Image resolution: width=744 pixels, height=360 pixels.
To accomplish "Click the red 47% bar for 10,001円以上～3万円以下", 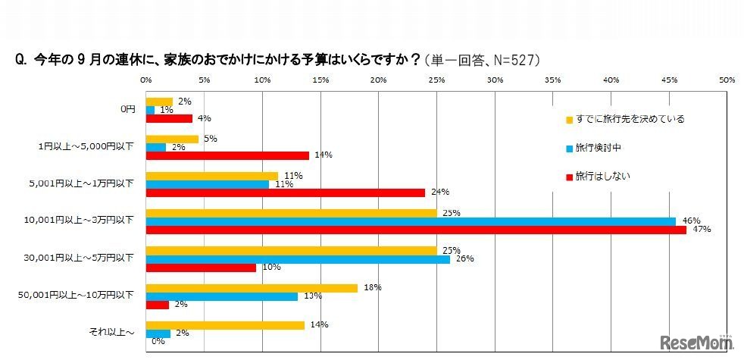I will [x=416, y=230].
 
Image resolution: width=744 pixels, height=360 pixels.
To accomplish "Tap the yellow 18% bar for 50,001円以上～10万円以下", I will [x=251, y=288].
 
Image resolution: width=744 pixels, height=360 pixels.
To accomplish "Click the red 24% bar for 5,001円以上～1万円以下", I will [x=285, y=193].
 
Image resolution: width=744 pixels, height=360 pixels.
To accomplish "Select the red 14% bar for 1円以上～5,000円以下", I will [x=227, y=155].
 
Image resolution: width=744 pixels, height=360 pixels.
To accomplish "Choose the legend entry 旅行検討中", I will [x=603, y=148].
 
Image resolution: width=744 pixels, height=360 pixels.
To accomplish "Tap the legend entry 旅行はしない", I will [x=603, y=177].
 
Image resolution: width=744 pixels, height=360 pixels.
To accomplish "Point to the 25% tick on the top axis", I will [x=436, y=79].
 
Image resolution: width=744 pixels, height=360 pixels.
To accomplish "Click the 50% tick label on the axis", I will [x=727, y=79].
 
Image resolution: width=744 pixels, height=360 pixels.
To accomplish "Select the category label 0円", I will [x=127, y=109].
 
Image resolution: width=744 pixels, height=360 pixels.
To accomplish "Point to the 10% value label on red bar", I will [x=270, y=267].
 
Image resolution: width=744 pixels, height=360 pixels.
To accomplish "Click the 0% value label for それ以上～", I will [x=158, y=342].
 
